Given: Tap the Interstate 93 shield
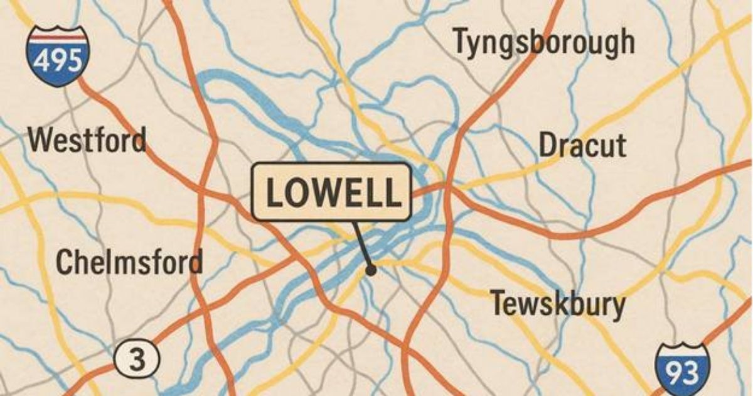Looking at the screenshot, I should [x=682, y=371].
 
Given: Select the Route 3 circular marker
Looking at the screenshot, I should [x=137, y=360].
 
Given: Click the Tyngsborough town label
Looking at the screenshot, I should [x=543, y=43].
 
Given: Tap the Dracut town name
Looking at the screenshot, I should [x=582, y=146].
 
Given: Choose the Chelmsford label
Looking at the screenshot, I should [x=129, y=261].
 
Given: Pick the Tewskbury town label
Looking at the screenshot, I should [x=558, y=305].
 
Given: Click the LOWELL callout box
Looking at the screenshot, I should [x=332, y=192].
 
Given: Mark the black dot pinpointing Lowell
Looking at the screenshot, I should [x=371, y=270].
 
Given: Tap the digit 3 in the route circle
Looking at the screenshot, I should [x=137, y=360].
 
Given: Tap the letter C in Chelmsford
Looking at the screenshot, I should [x=65, y=261].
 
